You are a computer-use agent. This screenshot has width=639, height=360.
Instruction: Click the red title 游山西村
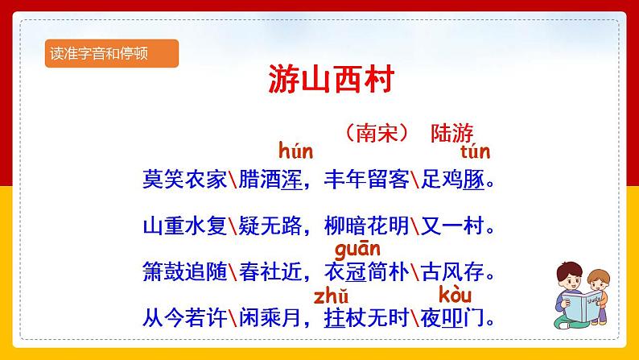319,81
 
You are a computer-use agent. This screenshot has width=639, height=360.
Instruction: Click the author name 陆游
452,132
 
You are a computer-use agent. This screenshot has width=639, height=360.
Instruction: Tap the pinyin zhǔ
331,294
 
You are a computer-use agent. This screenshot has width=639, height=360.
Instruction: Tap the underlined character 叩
454,317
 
